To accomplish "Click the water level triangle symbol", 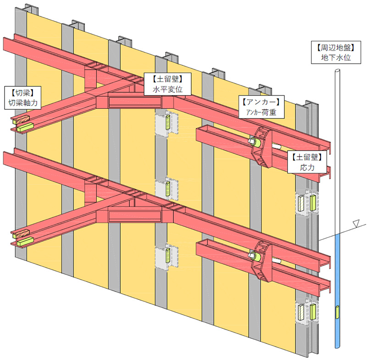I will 355,225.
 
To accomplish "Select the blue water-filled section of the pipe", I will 337,285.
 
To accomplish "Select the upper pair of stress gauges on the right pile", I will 307,203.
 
